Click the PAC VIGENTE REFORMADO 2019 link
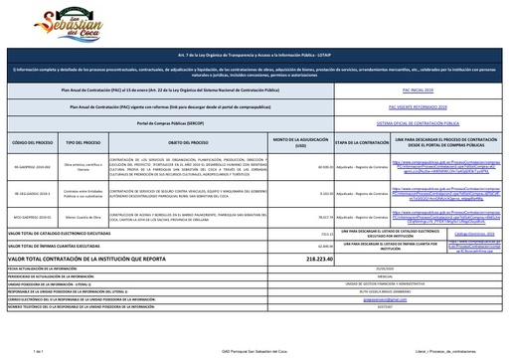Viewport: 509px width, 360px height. [x=397, y=104]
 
